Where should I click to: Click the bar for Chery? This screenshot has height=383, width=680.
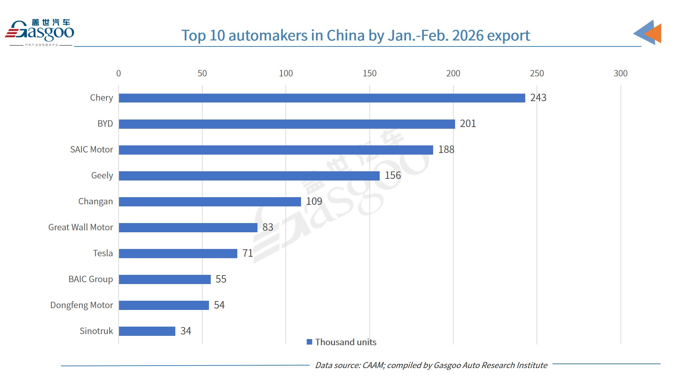tap(322, 98)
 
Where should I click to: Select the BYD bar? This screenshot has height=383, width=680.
tap(287, 124)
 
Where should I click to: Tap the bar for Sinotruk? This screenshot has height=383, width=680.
tap(147, 331)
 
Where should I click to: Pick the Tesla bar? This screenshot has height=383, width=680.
tap(178, 253)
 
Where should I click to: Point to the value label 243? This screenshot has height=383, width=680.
tap(538, 98)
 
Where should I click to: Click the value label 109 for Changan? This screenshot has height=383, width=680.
tap(314, 201)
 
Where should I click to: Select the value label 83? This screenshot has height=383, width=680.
tap(268, 227)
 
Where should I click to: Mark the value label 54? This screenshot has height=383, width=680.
tap(219, 305)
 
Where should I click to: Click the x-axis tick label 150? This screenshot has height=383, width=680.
tap(369, 73)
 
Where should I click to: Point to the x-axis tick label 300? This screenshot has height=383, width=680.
tap(620, 73)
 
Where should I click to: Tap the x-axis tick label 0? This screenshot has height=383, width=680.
tap(119, 73)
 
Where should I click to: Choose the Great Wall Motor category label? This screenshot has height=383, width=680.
tap(81, 227)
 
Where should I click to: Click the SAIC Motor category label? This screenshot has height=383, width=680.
tap(91, 150)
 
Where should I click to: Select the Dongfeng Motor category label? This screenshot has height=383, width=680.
tap(81, 305)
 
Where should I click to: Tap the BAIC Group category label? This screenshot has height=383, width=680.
tap(91, 279)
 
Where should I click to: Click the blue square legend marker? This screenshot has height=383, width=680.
tap(309, 342)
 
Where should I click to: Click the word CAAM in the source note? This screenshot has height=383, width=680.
tap(373, 365)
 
